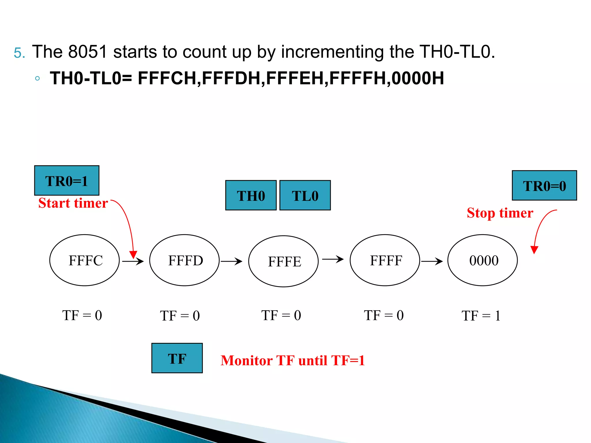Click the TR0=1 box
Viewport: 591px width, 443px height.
click(67, 181)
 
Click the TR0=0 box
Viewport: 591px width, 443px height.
click(544, 185)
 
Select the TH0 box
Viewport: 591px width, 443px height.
click(251, 195)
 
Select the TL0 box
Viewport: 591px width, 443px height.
click(305, 195)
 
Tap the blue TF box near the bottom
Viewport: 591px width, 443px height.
click(177, 358)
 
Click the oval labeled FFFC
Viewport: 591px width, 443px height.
click(85, 260)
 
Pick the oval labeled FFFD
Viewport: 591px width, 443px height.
click(184, 260)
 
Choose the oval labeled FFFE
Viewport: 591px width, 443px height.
click(283, 261)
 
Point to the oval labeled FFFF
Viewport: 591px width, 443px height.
click(385, 260)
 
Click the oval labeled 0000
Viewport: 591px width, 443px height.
click(482, 260)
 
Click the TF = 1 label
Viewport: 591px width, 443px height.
click(481, 316)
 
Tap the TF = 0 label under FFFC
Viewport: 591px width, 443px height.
click(82, 315)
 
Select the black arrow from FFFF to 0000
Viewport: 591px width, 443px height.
click(432, 261)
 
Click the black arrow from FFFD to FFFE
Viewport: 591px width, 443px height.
click(231, 261)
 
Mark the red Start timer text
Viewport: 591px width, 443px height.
click(73, 203)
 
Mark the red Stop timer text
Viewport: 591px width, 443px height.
click(500, 213)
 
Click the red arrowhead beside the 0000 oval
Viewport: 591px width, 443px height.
click(534, 249)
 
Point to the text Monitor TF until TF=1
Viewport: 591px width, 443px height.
click(293, 360)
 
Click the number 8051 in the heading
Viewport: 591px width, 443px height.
click(88, 52)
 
